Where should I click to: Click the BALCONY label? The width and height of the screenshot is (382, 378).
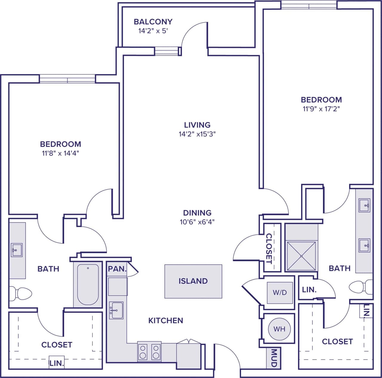[x=153, y=22]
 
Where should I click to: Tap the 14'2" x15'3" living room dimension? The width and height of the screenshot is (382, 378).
[x=197, y=134]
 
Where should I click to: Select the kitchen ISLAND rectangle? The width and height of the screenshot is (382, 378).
[x=193, y=281]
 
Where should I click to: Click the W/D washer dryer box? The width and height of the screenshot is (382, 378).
[x=280, y=293]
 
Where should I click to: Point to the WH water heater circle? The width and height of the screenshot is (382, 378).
[x=279, y=329]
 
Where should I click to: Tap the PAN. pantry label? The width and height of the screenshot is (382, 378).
[x=117, y=269]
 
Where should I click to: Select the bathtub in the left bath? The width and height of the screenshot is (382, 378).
[x=88, y=284]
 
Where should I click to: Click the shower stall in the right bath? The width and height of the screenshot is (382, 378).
[x=301, y=256]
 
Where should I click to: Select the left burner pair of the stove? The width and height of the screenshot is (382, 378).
[x=143, y=352]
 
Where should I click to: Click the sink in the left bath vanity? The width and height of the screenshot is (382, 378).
[x=16, y=250]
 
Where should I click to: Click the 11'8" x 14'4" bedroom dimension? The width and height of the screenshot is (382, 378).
[x=60, y=153]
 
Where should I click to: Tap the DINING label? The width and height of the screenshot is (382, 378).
[x=197, y=213]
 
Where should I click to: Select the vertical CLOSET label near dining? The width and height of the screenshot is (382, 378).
[x=269, y=248]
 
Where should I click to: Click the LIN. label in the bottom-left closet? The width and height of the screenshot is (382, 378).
[x=56, y=363]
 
